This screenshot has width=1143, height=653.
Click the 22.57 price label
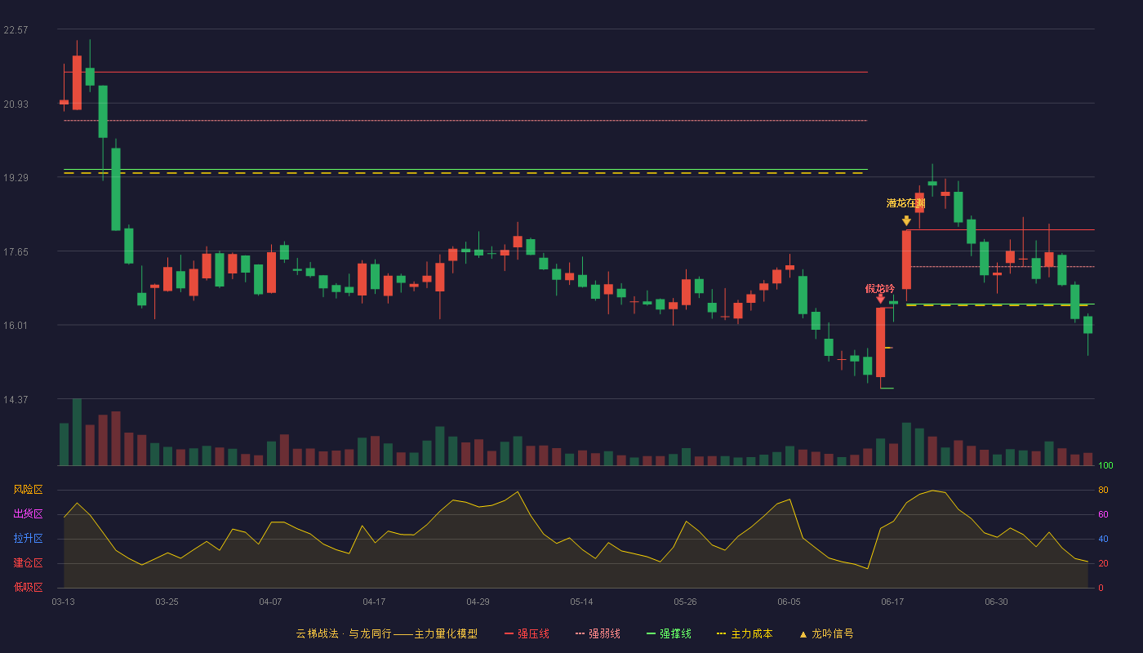pos(16,30)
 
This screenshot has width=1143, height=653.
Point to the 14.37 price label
pos(16,399)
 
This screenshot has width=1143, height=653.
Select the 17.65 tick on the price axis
pos(16,252)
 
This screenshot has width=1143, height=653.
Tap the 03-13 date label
pos(64,602)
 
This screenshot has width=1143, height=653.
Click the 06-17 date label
pos(892,602)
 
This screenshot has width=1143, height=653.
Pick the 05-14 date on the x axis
pos(581,602)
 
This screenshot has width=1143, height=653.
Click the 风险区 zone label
pos(28,490)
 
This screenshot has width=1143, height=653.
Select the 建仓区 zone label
pos(28,563)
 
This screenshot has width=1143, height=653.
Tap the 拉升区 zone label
pos(28,539)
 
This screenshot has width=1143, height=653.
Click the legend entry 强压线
pos(527,633)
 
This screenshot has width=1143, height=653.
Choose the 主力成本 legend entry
pos(745,633)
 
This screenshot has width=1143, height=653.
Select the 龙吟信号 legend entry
pos(826,633)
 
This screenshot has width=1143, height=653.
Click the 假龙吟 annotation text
pos(880,289)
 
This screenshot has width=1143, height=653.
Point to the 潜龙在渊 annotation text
pos(905,203)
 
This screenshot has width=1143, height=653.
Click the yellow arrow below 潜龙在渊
pos(906,220)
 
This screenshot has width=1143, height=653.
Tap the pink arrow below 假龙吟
pos(880,299)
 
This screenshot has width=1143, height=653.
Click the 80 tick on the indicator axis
pos(1103,491)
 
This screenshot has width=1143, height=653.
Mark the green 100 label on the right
pos(1105,465)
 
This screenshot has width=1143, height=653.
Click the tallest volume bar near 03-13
pos(77,432)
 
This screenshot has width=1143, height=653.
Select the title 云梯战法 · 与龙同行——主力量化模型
pos(387,633)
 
